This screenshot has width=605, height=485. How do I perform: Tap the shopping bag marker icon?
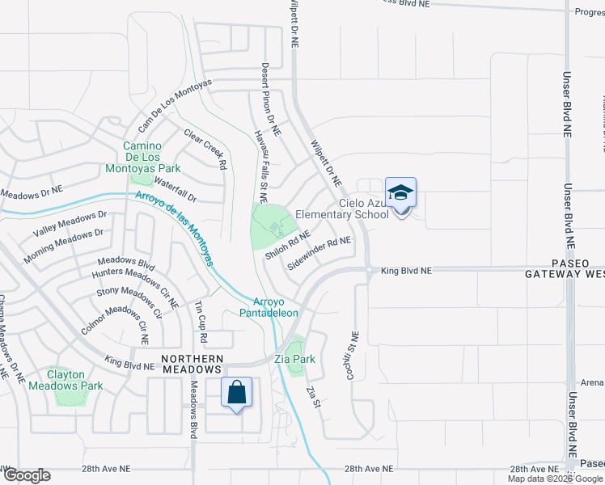[x=236, y=393]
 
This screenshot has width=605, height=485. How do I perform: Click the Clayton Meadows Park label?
[x=66, y=380]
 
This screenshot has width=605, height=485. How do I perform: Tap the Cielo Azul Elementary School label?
[x=343, y=209]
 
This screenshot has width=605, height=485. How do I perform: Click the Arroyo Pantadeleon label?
[x=269, y=307]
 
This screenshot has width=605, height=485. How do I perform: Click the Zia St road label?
[x=313, y=397]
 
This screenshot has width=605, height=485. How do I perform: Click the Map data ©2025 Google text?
[x=556, y=479]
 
